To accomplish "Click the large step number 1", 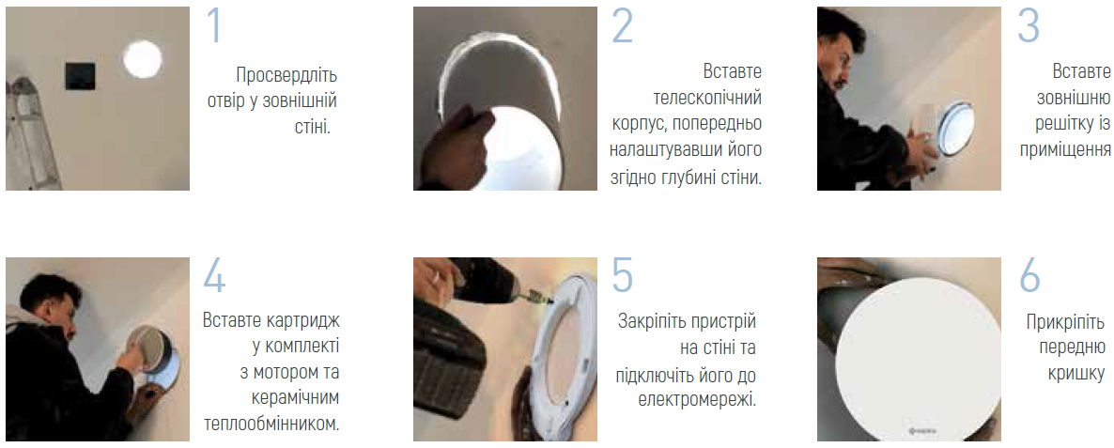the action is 214,26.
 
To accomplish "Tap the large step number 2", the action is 622,27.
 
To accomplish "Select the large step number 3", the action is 1028,27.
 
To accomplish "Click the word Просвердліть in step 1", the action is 286,74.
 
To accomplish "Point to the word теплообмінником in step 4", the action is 271,424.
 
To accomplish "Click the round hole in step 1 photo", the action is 143,59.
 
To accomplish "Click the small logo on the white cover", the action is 920,427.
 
